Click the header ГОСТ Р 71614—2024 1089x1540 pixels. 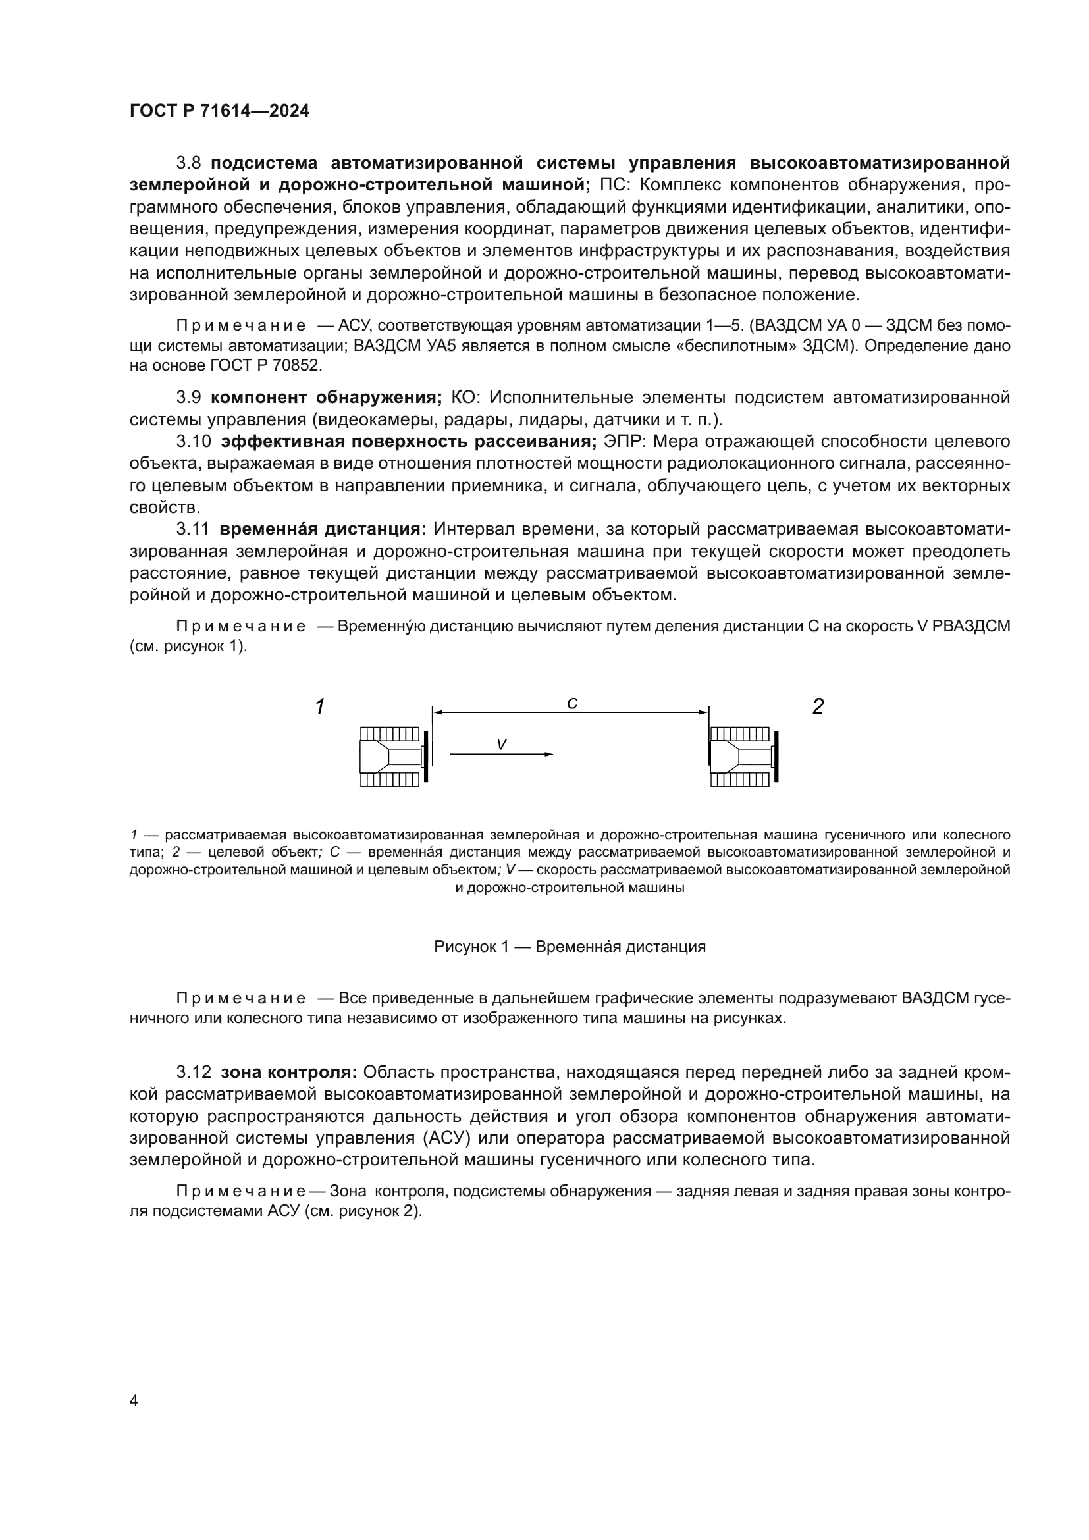tap(219, 111)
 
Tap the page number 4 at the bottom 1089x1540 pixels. tap(134, 1401)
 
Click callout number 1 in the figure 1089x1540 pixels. tap(321, 706)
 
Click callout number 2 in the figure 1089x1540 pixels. tap(818, 706)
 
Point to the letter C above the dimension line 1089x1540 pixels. tap(572, 704)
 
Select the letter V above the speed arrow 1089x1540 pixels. tap(501, 745)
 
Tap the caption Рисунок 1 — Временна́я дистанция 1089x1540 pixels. tap(570, 947)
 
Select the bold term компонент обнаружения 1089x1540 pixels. tap(326, 398)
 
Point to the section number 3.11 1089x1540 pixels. tap(193, 529)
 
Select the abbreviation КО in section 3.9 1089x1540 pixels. tap(465, 398)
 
